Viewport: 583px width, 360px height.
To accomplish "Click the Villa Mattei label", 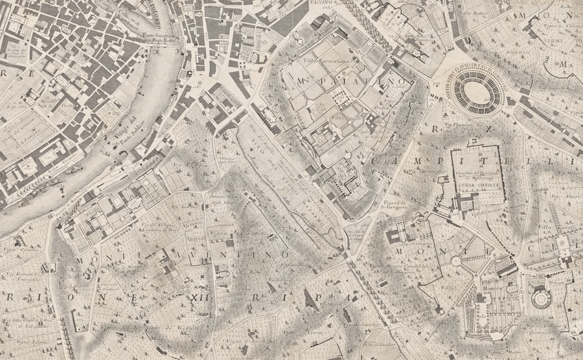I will (472, 13).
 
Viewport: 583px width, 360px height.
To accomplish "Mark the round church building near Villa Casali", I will (540, 299).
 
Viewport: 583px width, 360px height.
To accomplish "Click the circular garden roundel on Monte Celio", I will (456, 261).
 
